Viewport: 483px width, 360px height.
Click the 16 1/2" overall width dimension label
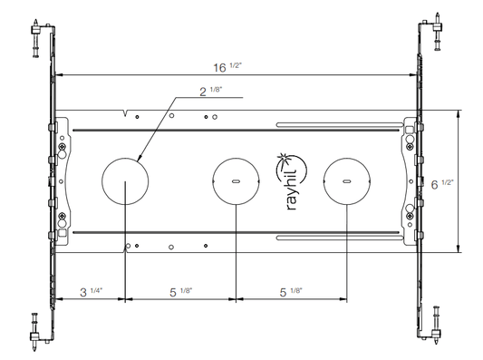pyautogui.click(x=227, y=67)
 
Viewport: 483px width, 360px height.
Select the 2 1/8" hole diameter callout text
pyautogui.click(x=211, y=92)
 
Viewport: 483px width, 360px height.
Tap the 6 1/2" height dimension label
pyautogui.click(x=442, y=184)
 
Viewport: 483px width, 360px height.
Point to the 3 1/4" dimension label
pyautogui.click(x=91, y=292)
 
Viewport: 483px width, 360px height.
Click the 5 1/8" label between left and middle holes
pyautogui.click(x=181, y=292)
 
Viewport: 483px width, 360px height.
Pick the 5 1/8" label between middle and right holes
pyautogui.click(x=291, y=292)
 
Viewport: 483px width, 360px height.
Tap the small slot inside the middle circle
pyautogui.click(x=236, y=181)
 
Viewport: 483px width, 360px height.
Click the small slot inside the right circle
pyautogui.click(x=346, y=181)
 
